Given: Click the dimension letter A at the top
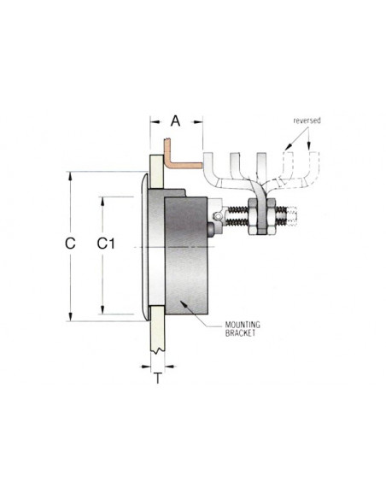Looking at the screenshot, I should [x=176, y=120].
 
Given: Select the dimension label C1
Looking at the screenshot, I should [x=106, y=244].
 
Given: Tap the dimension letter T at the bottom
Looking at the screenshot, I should [x=158, y=378].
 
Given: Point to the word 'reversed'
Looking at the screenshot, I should [x=307, y=121].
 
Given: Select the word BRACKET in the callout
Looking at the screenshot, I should [x=242, y=335].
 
